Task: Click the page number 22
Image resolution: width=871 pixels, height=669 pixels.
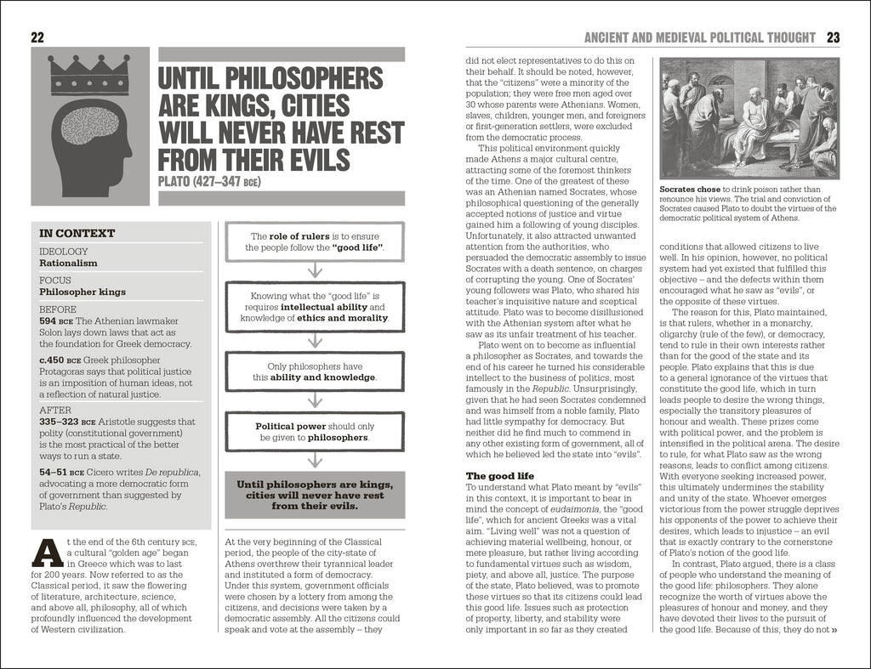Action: click(37, 37)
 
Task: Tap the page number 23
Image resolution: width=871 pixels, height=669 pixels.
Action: click(833, 37)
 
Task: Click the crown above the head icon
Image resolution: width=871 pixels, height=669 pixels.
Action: click(89, 75)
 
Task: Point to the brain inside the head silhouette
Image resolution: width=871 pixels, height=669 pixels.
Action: click(88, 124)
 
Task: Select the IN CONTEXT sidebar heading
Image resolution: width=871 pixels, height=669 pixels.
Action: click(77, 234)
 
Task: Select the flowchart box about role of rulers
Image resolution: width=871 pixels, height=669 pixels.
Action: click(315, 241)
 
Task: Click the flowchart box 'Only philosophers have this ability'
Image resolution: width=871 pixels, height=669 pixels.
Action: click(315, 371)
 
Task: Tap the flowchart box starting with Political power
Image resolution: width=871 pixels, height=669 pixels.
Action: click(315, 432)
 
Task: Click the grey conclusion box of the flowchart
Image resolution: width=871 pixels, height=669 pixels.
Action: click(315, 494)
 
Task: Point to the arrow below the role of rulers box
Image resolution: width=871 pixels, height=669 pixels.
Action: click(315, 270)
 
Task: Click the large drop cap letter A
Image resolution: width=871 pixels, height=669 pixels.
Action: click(48, 553)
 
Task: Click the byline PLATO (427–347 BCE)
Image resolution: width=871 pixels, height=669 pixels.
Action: click(208, 182)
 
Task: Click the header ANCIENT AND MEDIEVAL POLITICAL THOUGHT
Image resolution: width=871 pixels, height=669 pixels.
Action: click(698, 37)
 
